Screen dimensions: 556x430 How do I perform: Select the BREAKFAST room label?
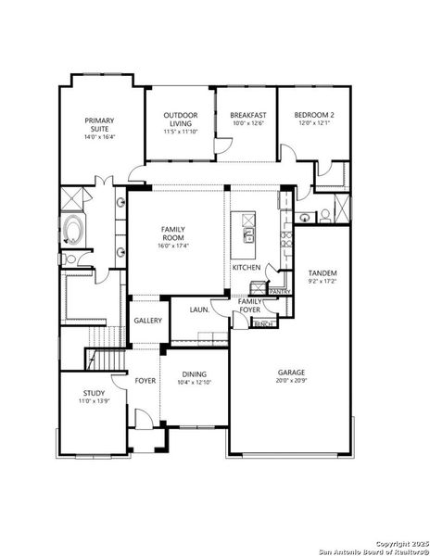(x=247, y=115)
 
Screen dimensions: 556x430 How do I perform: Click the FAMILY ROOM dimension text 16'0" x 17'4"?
(x=173, y=246)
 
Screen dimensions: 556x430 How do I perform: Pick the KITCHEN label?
(x=246, y=267)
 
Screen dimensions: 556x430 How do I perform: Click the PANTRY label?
(x=279, y=291)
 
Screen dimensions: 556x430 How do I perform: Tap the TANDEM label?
(x=322, y=273)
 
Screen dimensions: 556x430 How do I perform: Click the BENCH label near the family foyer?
(x=262, y=323)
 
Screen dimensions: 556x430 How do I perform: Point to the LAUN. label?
(x=198, y=310)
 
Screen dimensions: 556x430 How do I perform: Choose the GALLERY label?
(x=146, y=321)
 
